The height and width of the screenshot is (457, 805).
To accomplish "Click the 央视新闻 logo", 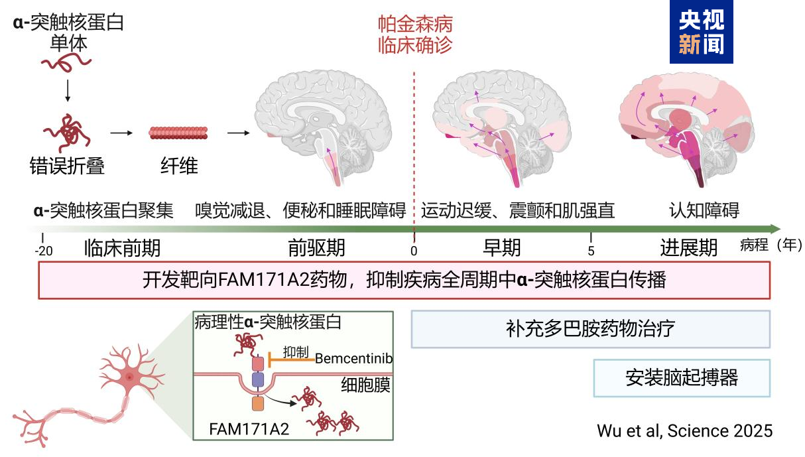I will coord(700,33).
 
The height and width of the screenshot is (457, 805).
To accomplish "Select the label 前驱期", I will coord(316,248).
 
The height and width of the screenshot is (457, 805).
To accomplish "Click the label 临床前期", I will coord(122,248).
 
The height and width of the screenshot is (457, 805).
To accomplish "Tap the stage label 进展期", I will coord(689,248).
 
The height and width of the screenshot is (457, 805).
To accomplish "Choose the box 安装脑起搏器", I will coord(682,378).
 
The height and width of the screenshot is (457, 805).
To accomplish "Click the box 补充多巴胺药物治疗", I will coord(591,329).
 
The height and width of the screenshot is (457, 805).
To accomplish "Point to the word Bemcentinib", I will coord(353,359).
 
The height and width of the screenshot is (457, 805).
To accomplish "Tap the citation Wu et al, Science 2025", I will coord(684,430).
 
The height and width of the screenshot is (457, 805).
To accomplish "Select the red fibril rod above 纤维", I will coord(178,133).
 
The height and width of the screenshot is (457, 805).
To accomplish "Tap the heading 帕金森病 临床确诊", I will coord(415,34).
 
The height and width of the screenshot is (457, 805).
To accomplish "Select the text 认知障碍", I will coord(704,211).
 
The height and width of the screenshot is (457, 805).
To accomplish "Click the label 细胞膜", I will coord(365,385).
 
